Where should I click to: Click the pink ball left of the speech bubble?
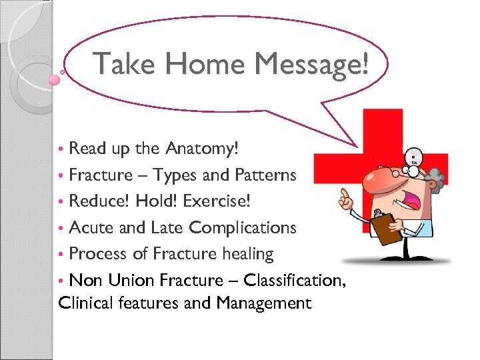pyautogui.click(x=55, y=79)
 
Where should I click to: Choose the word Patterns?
pyautogui.click(x=265, y=175)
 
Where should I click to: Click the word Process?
pyautogui.click(x=97, y=253)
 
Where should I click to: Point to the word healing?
pyautogui.click(x=247, y=254)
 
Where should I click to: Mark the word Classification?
pyautogui.click(x=288, y=280)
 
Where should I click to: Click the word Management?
pyautogui.click(x=263, y=304)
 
